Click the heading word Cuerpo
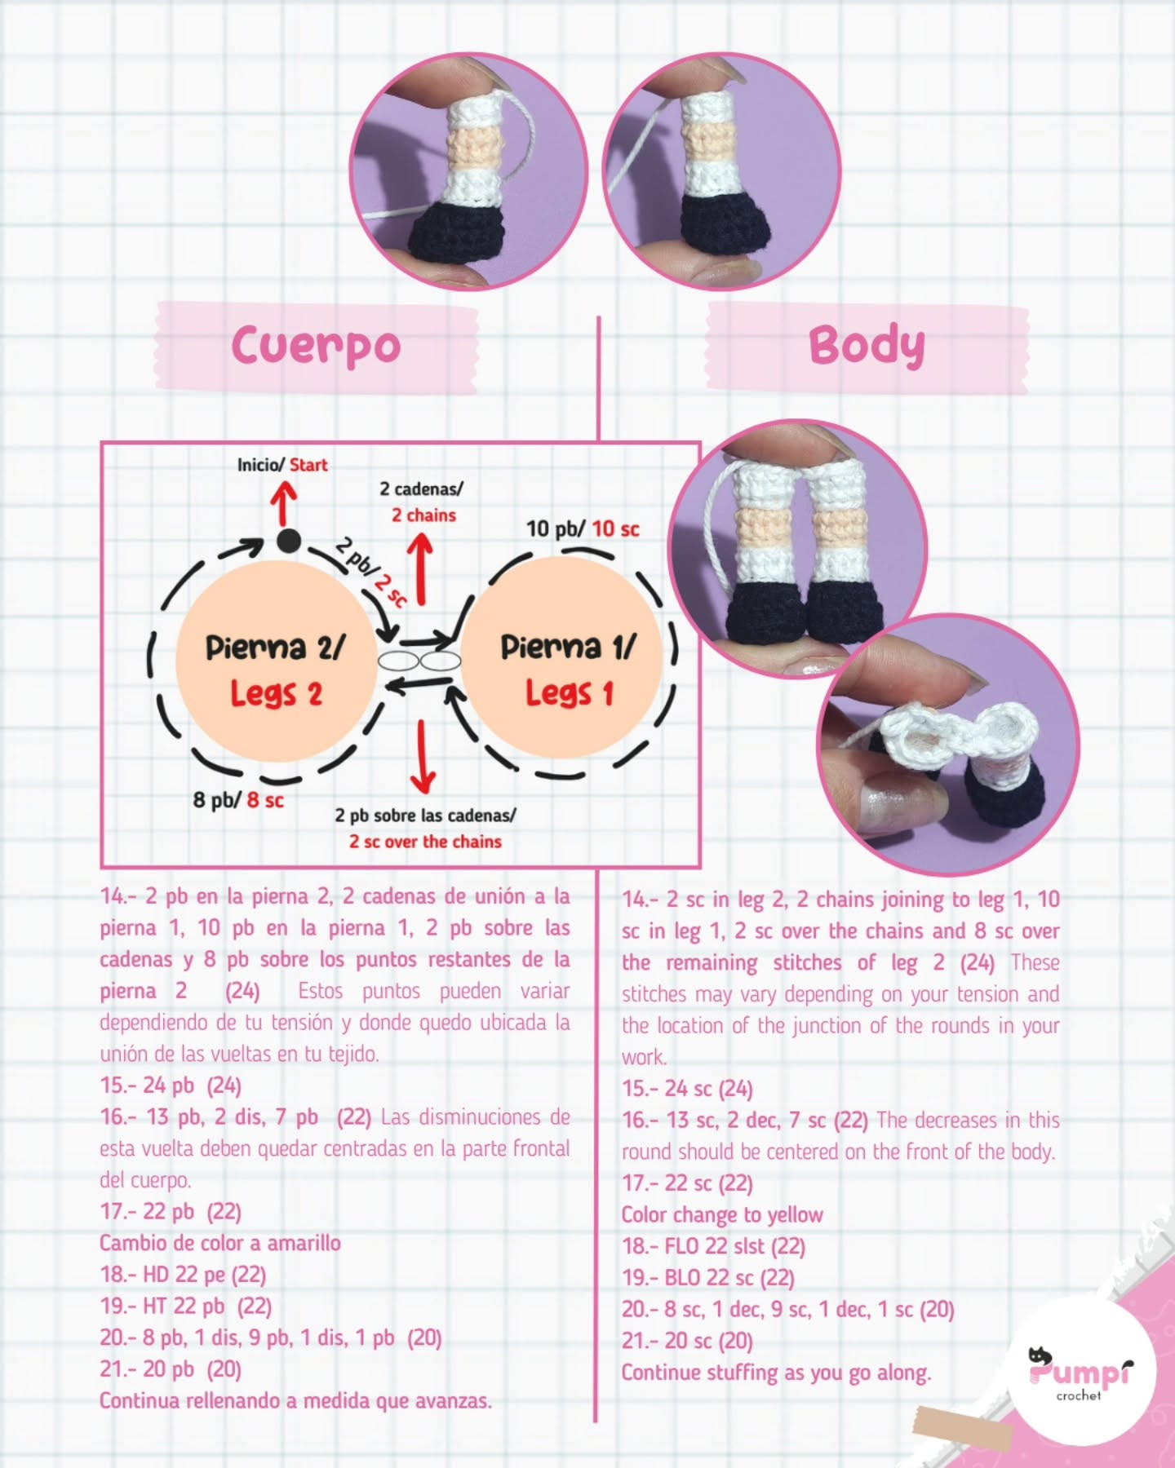(316, 346)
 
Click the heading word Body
(867, 346)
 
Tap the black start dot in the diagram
(287, 541)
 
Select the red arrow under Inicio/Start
(283, 504)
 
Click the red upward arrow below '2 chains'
(420, 569)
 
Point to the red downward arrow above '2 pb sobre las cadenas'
(423, 757)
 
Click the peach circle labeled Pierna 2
(277, 659)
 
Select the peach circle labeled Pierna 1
(567, 659)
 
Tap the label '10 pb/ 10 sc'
(583, 528)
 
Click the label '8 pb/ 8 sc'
(238, 800)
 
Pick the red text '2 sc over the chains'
(425, 842)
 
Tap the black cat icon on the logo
(1039, 1355)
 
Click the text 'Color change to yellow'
(722, 1215)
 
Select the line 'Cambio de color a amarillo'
(220, 1243)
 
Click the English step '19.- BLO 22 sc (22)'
(708, 1278)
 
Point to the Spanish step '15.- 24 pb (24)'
(171, 1086)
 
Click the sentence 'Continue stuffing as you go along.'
(776, 1373)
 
